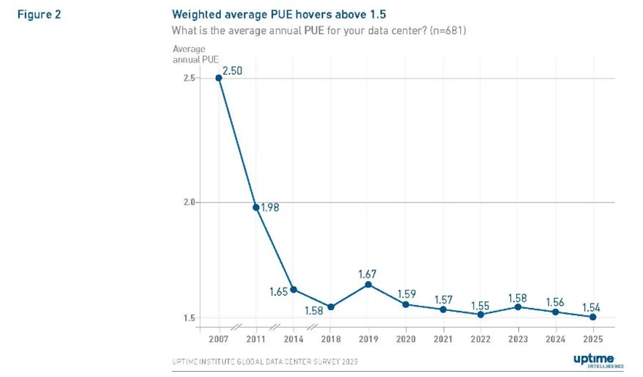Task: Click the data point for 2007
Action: click(x=219, y=78)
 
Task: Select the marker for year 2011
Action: click(x=256, y=208)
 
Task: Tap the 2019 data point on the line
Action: click(x=368, y=285)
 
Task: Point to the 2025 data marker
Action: click(x=592, y=317)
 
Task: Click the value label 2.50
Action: click(x=232, y=70)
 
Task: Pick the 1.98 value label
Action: click(x=270, y=208)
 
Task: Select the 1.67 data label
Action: click(x=368, y=274)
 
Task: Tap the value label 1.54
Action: click(x=592, y=307)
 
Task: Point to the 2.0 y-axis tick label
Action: click(x=189, y=202)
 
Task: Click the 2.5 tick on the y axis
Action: click(x=189, y=78)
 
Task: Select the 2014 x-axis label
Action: click(x=293, y=339)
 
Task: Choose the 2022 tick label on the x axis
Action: click(x=480, y=339)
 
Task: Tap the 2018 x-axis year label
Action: click(x=330, y=339)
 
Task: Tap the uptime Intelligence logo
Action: click(x=597, y=359)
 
